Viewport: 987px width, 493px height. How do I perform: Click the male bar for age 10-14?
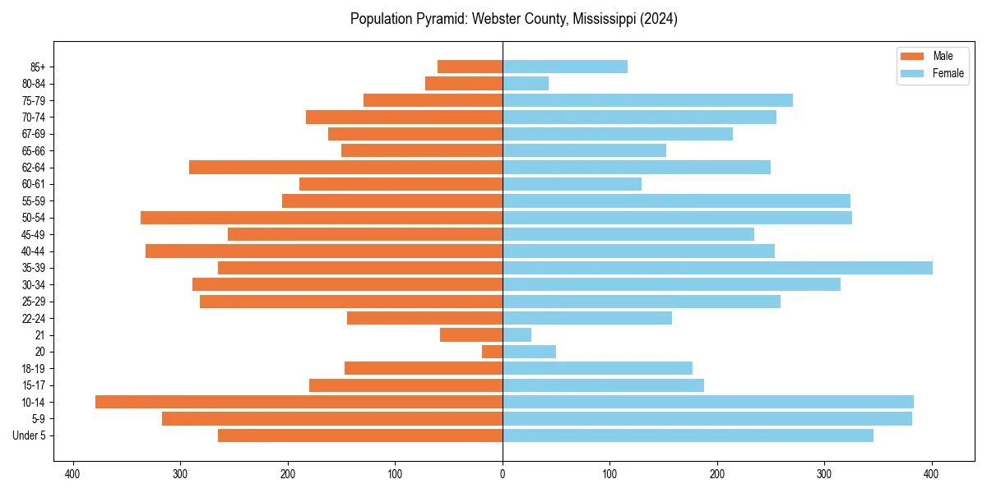(x=299, y=402)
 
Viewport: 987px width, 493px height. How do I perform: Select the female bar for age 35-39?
(x=717, y=268)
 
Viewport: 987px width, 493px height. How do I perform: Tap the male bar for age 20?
(x=492, y=352)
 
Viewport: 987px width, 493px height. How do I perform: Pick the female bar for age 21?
(x=517, y=334)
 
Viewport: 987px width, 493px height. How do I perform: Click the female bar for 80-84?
(x=526, y=83)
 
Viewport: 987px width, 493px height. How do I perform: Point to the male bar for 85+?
(x=470, y=67)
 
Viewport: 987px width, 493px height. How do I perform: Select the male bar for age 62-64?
(x=345, y=167)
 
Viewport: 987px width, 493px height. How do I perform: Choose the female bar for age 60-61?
(x=572, y=184)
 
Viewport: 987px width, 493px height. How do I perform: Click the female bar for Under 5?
(x=688, y=435)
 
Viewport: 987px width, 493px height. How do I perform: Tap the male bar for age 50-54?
(x=322, y=218)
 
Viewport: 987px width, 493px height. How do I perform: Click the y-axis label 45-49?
(x=33, y=234)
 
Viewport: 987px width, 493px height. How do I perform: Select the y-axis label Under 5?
(x=30, y=435)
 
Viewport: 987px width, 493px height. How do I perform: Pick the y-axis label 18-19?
(x=33, y=368)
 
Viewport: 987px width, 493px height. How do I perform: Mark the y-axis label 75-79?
(x=33, y=100)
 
